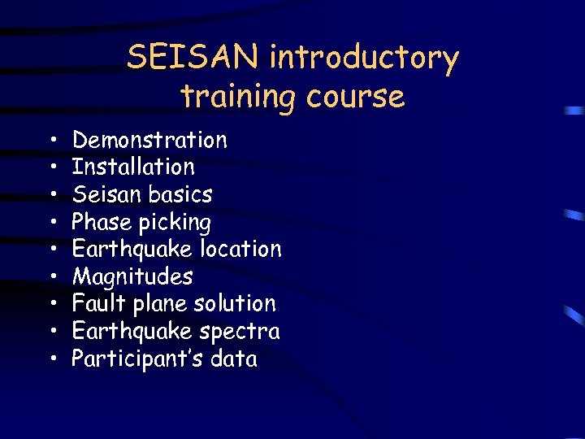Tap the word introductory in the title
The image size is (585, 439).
pos(364,59)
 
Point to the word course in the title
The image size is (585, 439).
pos(356,97)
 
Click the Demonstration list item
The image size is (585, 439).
pos(149,140)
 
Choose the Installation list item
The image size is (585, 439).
pos(133,167)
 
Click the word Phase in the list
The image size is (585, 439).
pos(102,222)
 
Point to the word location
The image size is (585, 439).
pos(242,249)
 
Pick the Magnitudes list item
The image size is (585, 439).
pos(132,277)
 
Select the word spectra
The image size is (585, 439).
pos(240,332)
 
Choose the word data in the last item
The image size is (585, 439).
pos(233,359)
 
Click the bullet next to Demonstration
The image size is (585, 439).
pos(52,141)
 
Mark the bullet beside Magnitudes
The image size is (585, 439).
pos(52,277)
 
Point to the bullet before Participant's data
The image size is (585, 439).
pos(52,359)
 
